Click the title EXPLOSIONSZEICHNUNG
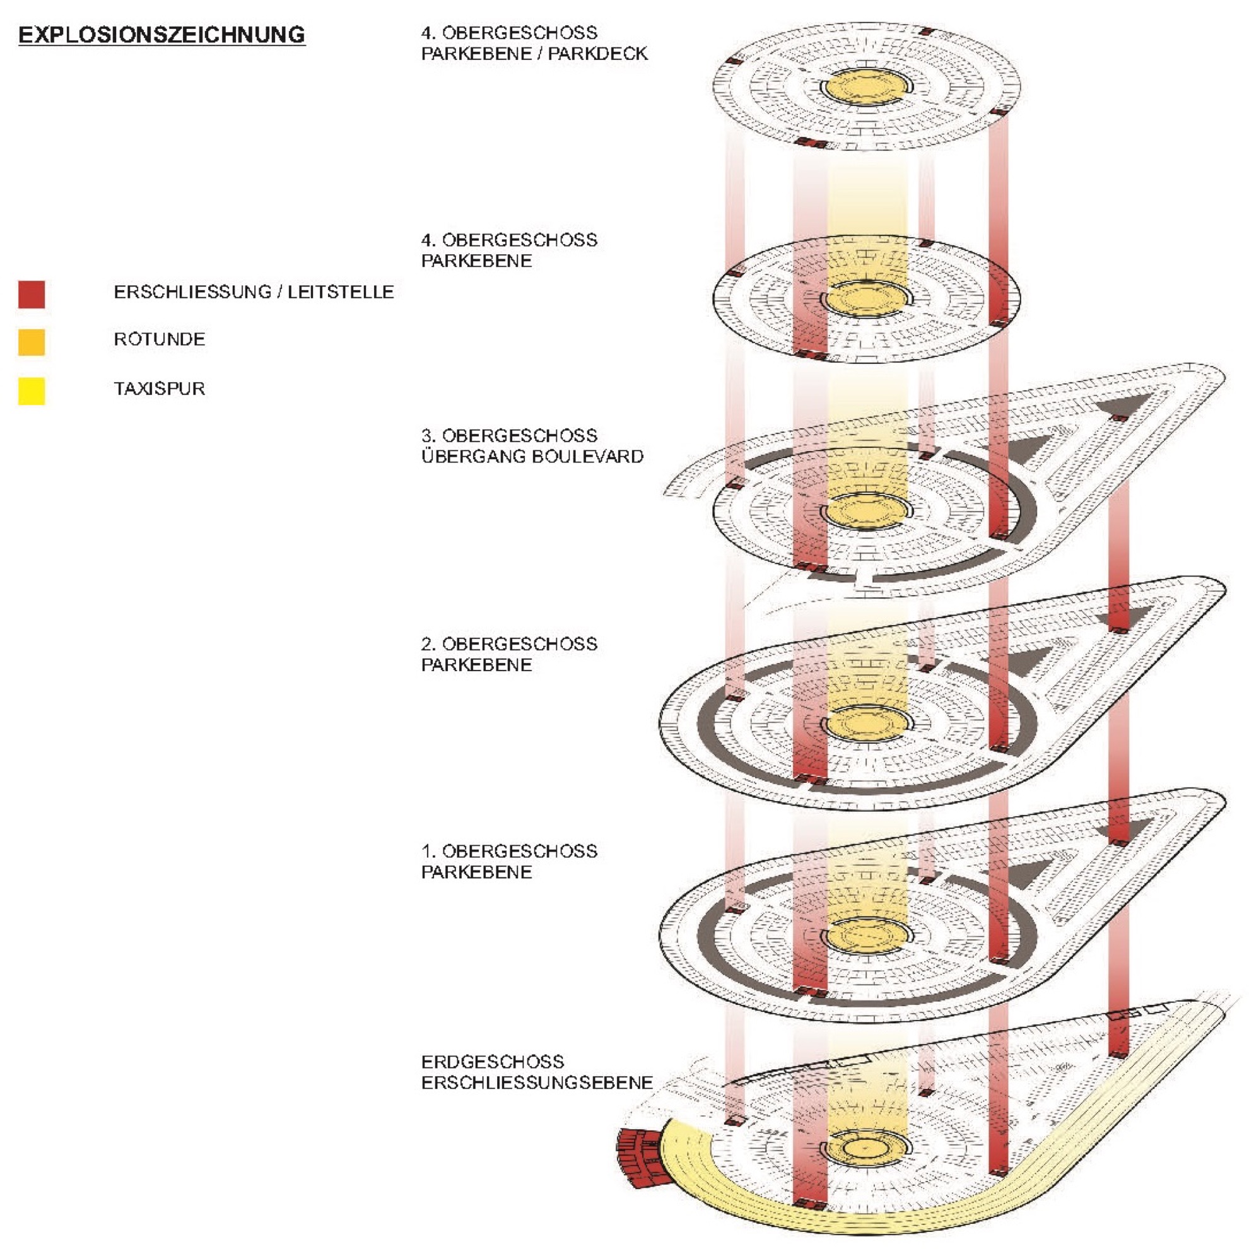[161, 34]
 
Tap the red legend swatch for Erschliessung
[32, 294]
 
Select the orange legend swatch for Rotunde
[32, 342]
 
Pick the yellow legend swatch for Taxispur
[32, 391]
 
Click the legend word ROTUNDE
[159, 339]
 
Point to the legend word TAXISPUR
[159, 389]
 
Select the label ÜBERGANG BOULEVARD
[532, 457]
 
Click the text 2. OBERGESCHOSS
[509, 644]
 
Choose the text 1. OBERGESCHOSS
[509, 851]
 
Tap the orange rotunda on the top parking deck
[865, 86]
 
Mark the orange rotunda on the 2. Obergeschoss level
[865, 724]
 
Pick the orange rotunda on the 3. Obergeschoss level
[865, 512]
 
